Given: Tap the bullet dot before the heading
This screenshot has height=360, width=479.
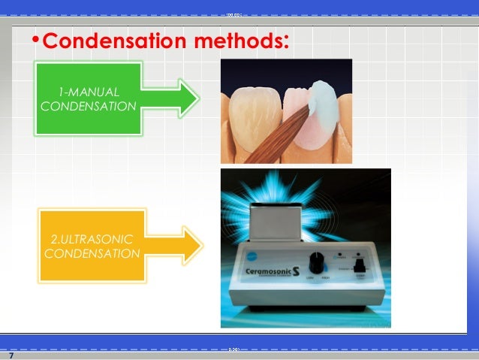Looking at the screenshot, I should (34, 41).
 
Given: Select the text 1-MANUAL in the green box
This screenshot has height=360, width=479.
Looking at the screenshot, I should (88, 92).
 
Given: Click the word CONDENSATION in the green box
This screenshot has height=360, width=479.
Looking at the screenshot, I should (88, 106).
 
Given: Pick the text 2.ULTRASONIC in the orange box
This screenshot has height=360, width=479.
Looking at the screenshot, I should (92, 239).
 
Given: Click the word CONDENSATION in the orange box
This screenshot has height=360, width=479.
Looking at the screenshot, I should (92, 253).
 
